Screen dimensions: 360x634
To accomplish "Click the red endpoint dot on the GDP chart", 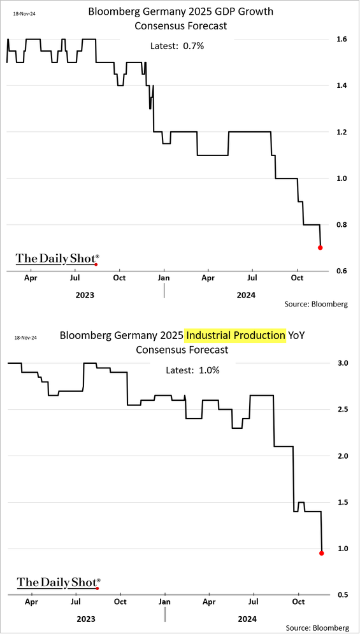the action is [x=320, y=247].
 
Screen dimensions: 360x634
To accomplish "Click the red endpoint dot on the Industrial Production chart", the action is [x=322, y=553].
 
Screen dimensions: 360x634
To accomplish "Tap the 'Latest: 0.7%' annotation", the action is [x=177, y=46].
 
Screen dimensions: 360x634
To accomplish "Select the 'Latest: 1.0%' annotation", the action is [x=192, y=370].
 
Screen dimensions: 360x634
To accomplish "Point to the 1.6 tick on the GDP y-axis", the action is [x=340, y=40].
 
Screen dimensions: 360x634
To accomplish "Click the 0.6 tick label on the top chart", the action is [x=340, y=271].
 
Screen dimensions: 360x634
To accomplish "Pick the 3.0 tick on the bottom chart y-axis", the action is [x=342, y=363].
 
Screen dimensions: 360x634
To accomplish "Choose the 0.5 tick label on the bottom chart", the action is [x=342, y=594].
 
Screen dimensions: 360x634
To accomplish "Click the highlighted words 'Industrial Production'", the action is [x=235, y=336].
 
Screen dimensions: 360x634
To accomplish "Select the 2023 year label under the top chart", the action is [x=85, y=295].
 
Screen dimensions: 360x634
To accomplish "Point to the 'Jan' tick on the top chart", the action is [x=164, y=278].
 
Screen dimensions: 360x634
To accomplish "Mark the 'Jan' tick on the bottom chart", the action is [x=165, y=602].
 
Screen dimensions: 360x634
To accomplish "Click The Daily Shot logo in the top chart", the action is [x=57, y=259].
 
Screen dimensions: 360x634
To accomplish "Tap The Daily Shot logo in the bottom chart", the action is [x=59, y=582].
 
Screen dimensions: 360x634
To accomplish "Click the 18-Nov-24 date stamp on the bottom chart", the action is [x=25, y=337].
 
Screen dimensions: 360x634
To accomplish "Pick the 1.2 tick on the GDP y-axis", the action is [x=340, y=132].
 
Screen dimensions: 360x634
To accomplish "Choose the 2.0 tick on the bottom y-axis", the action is [x=342, y=456].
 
